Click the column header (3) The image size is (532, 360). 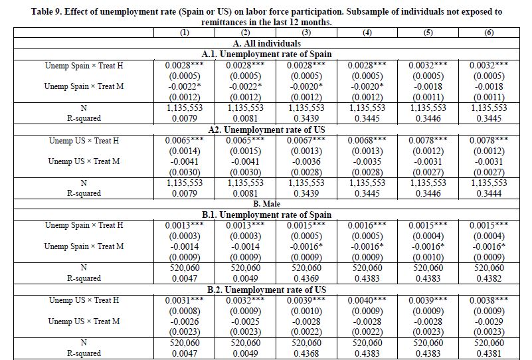[x=305, y=33]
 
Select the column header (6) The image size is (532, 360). [x=489, y=33]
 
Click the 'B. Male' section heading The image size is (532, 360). [x=266, y=204]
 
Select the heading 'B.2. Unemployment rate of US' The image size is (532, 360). [x=266, y=290]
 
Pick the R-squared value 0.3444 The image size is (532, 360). [x=489, y=193]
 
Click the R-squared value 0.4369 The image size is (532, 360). [x=305, y=279]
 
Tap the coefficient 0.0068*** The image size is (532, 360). [x=367, y=140]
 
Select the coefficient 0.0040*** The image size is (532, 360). [x=367, y=300]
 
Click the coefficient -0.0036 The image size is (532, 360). [x=305, y=161]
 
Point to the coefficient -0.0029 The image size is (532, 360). [x=489, y=321]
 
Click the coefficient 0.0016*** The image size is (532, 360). [x=367, y=225]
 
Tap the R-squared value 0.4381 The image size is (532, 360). [x=489, y=353]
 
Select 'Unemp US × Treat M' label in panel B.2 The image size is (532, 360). [x=84, y=321]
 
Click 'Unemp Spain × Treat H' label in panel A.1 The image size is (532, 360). [x=84, y=65]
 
